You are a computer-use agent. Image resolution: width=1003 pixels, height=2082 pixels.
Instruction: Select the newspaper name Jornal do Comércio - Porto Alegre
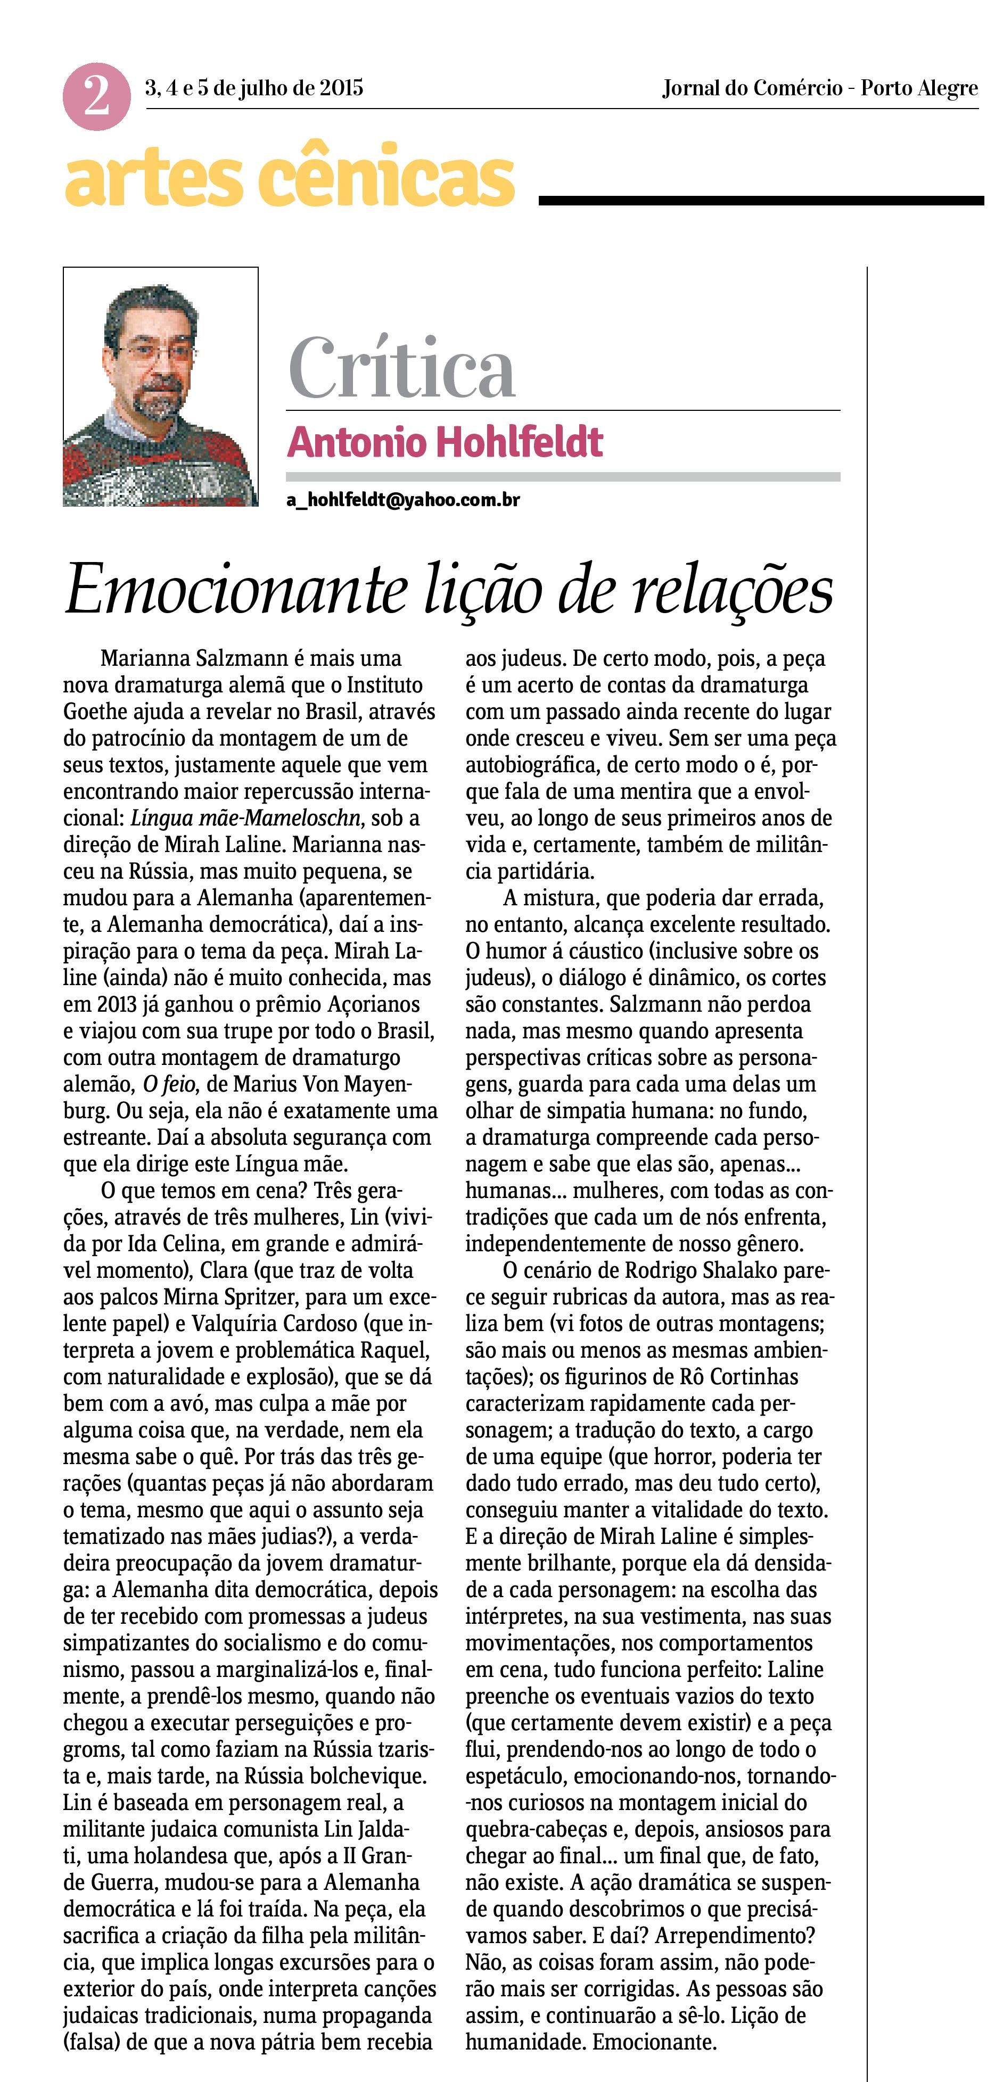point(819,88)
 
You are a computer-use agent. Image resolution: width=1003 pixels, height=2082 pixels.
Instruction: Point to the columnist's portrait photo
point(161,387)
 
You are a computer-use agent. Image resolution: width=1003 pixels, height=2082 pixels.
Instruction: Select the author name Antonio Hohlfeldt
point(445,442)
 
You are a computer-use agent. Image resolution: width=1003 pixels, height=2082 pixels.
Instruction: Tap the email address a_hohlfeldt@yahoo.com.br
point(402,500)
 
